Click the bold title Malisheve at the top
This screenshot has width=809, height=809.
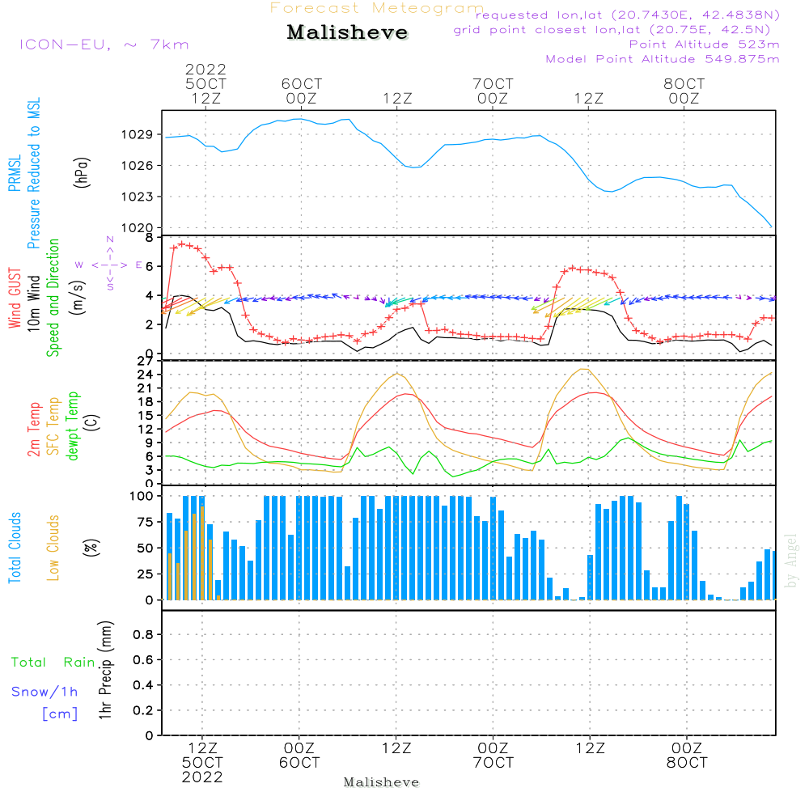347,32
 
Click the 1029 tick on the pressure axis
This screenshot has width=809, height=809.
137,134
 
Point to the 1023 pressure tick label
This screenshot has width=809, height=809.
137,197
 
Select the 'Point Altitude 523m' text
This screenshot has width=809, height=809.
705,44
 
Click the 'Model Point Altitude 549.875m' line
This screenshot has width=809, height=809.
663,59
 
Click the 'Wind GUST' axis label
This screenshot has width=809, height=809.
15,298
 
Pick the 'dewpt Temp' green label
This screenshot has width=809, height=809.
72,426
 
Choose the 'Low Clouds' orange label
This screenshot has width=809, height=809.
53,548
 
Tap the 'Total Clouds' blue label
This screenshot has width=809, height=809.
15,548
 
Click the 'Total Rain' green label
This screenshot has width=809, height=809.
53,662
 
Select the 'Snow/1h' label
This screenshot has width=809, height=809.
44,692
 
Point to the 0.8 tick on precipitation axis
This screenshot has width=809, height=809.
143,634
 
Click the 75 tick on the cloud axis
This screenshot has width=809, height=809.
145,522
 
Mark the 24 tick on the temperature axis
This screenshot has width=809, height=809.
145,374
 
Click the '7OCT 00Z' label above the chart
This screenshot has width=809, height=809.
493,91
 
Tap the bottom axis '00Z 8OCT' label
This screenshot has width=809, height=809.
687,756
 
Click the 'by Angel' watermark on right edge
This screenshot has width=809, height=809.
791,561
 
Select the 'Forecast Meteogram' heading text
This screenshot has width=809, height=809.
377,8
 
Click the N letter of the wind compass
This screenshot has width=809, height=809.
110,239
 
